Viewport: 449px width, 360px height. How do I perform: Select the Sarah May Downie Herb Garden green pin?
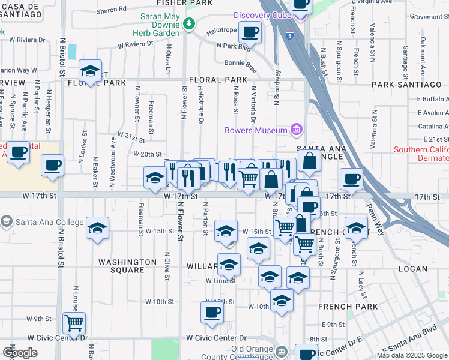[190, 23]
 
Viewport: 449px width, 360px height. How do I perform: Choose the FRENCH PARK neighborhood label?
[348, 307]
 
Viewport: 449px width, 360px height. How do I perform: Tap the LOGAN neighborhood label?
[413, 268]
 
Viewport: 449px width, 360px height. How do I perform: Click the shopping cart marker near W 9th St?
[74, 323]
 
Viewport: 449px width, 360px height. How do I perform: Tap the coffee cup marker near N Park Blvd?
[250, 32]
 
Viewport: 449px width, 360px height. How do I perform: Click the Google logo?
[20, 353]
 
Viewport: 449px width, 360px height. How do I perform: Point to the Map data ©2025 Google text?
[411, 355]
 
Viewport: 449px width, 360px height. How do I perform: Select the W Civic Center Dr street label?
[216, 338]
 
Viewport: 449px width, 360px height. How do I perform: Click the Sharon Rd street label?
[112, 10]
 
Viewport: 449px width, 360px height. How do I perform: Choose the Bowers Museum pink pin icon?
[295, 129]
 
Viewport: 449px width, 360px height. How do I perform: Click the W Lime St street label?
[220, 280]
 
